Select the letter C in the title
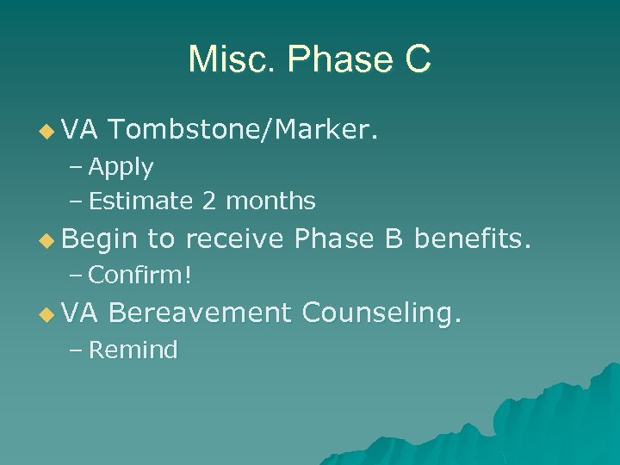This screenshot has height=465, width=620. coord(414,59)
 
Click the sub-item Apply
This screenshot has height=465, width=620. coord(121,167)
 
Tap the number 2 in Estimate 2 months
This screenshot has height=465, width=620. coord(209,201)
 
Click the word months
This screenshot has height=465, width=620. coord(270,201)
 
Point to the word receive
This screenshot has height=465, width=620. coord(235,239)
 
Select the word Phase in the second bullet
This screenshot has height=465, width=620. coord(335,239)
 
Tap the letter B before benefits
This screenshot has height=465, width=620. coord(394,239)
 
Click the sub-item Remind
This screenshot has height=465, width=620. coord(133,350)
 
